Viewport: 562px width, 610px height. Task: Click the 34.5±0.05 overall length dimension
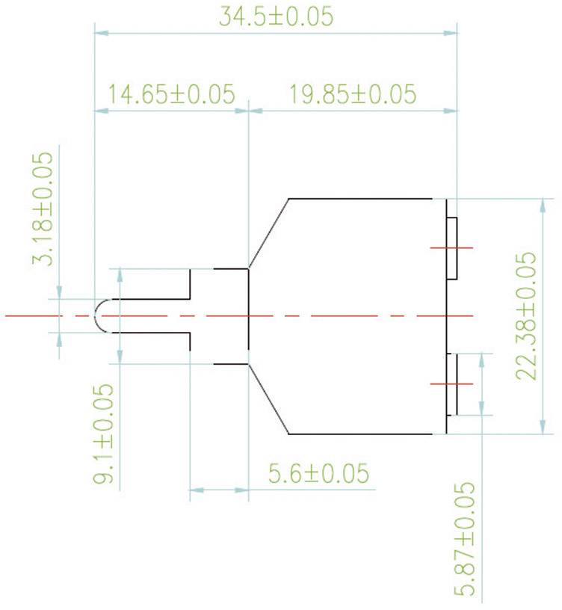click(276, 16)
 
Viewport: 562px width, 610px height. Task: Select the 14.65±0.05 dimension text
click(171, 95)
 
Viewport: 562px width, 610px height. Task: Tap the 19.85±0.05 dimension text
click(352, 95)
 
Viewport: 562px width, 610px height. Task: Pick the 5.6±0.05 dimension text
click(318, 474)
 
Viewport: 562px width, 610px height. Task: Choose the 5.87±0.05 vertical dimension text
click(466, 537)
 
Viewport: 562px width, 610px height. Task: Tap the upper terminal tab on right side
click(451, 248)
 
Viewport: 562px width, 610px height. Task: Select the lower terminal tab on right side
click(451, 384)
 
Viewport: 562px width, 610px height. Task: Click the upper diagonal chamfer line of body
click(268, 232)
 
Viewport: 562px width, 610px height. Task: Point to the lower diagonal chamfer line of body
click(268, 399)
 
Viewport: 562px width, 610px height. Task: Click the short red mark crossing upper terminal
click(451, 248)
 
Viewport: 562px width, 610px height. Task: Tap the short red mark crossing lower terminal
click(451, 383)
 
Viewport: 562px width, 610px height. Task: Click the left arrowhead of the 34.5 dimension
click(100, 33)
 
